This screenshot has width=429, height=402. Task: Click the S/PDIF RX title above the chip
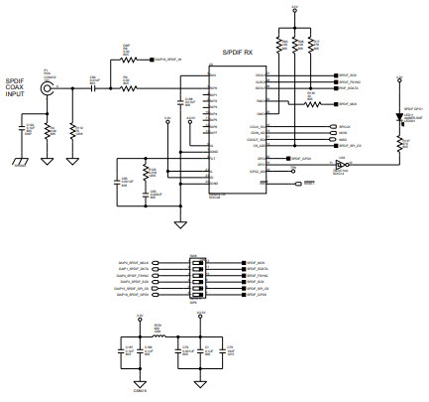pyautogui.click(x=237, y=52)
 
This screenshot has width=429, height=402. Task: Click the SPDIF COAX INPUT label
pyautogui.click(x=17, y=87)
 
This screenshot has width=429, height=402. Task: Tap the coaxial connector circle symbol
pyautogui.click(x=46, y=88)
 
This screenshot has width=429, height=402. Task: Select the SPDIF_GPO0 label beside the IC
pyautogui.click(x=301, y=159)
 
